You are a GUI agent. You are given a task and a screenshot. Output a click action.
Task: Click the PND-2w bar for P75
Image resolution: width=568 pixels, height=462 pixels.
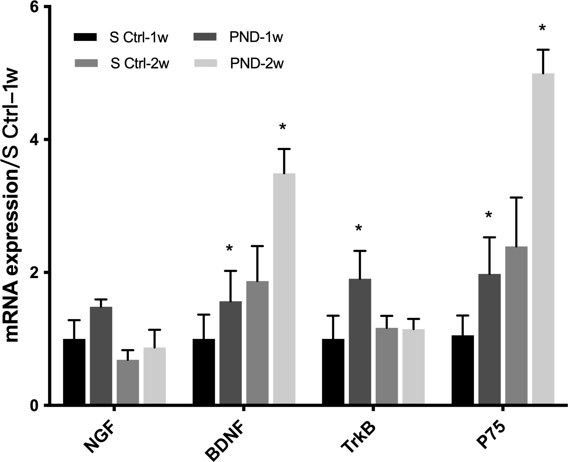click(543, 239)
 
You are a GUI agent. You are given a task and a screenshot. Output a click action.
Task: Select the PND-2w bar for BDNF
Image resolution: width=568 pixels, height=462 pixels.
click(284, 289)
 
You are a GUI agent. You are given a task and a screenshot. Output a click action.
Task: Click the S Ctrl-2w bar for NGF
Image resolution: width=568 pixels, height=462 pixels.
click(128, 382)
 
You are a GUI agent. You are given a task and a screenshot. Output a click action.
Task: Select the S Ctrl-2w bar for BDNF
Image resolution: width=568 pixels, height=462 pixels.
click(257, 343)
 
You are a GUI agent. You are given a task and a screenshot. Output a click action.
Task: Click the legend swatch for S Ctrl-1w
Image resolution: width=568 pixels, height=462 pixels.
click(85, 37)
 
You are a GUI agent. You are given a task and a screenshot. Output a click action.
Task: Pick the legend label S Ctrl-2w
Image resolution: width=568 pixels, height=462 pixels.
click(140, 64)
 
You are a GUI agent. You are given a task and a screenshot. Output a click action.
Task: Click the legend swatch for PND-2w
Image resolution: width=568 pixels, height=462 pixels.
click(205, 64)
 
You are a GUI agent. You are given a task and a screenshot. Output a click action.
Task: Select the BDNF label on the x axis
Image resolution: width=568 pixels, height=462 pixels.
click(226, 439)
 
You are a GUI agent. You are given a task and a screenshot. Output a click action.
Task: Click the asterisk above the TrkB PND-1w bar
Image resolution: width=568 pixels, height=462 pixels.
click(359, 229)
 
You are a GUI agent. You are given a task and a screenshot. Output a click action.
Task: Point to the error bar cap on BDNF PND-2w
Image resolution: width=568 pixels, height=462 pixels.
click(284, 149)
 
